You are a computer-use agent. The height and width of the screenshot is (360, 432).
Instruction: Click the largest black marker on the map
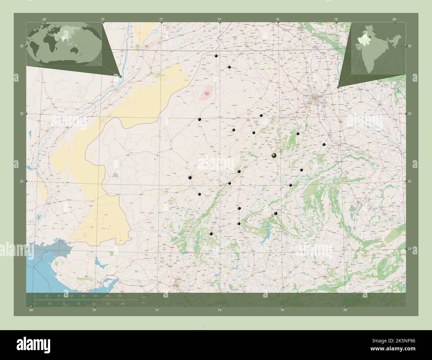click(x=274, y=155)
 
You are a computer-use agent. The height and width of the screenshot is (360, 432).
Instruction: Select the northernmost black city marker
click(x=216, y=56)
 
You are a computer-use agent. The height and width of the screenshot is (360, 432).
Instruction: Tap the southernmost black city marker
click(x=211, y=234)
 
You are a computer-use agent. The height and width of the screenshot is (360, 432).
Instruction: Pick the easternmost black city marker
click(x=324, y=144)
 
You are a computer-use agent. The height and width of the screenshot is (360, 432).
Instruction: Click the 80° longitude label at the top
click(x=394, y=19)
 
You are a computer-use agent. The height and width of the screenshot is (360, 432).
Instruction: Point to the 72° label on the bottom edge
click(x=157, y=310)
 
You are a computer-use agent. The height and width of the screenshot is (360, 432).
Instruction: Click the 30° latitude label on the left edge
click(x=21, y=46)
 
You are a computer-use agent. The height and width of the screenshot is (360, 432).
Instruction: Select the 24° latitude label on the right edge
click(x=409, y=249)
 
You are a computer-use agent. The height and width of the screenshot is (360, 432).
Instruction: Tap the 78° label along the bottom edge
click(x=345, y=310)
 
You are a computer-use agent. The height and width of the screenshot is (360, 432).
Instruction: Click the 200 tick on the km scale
click(x=95, y=296)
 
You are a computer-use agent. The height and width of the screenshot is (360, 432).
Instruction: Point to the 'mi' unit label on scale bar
click(x=143, y=303)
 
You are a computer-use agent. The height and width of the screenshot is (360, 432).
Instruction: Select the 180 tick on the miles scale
click(x=122, y=304)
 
